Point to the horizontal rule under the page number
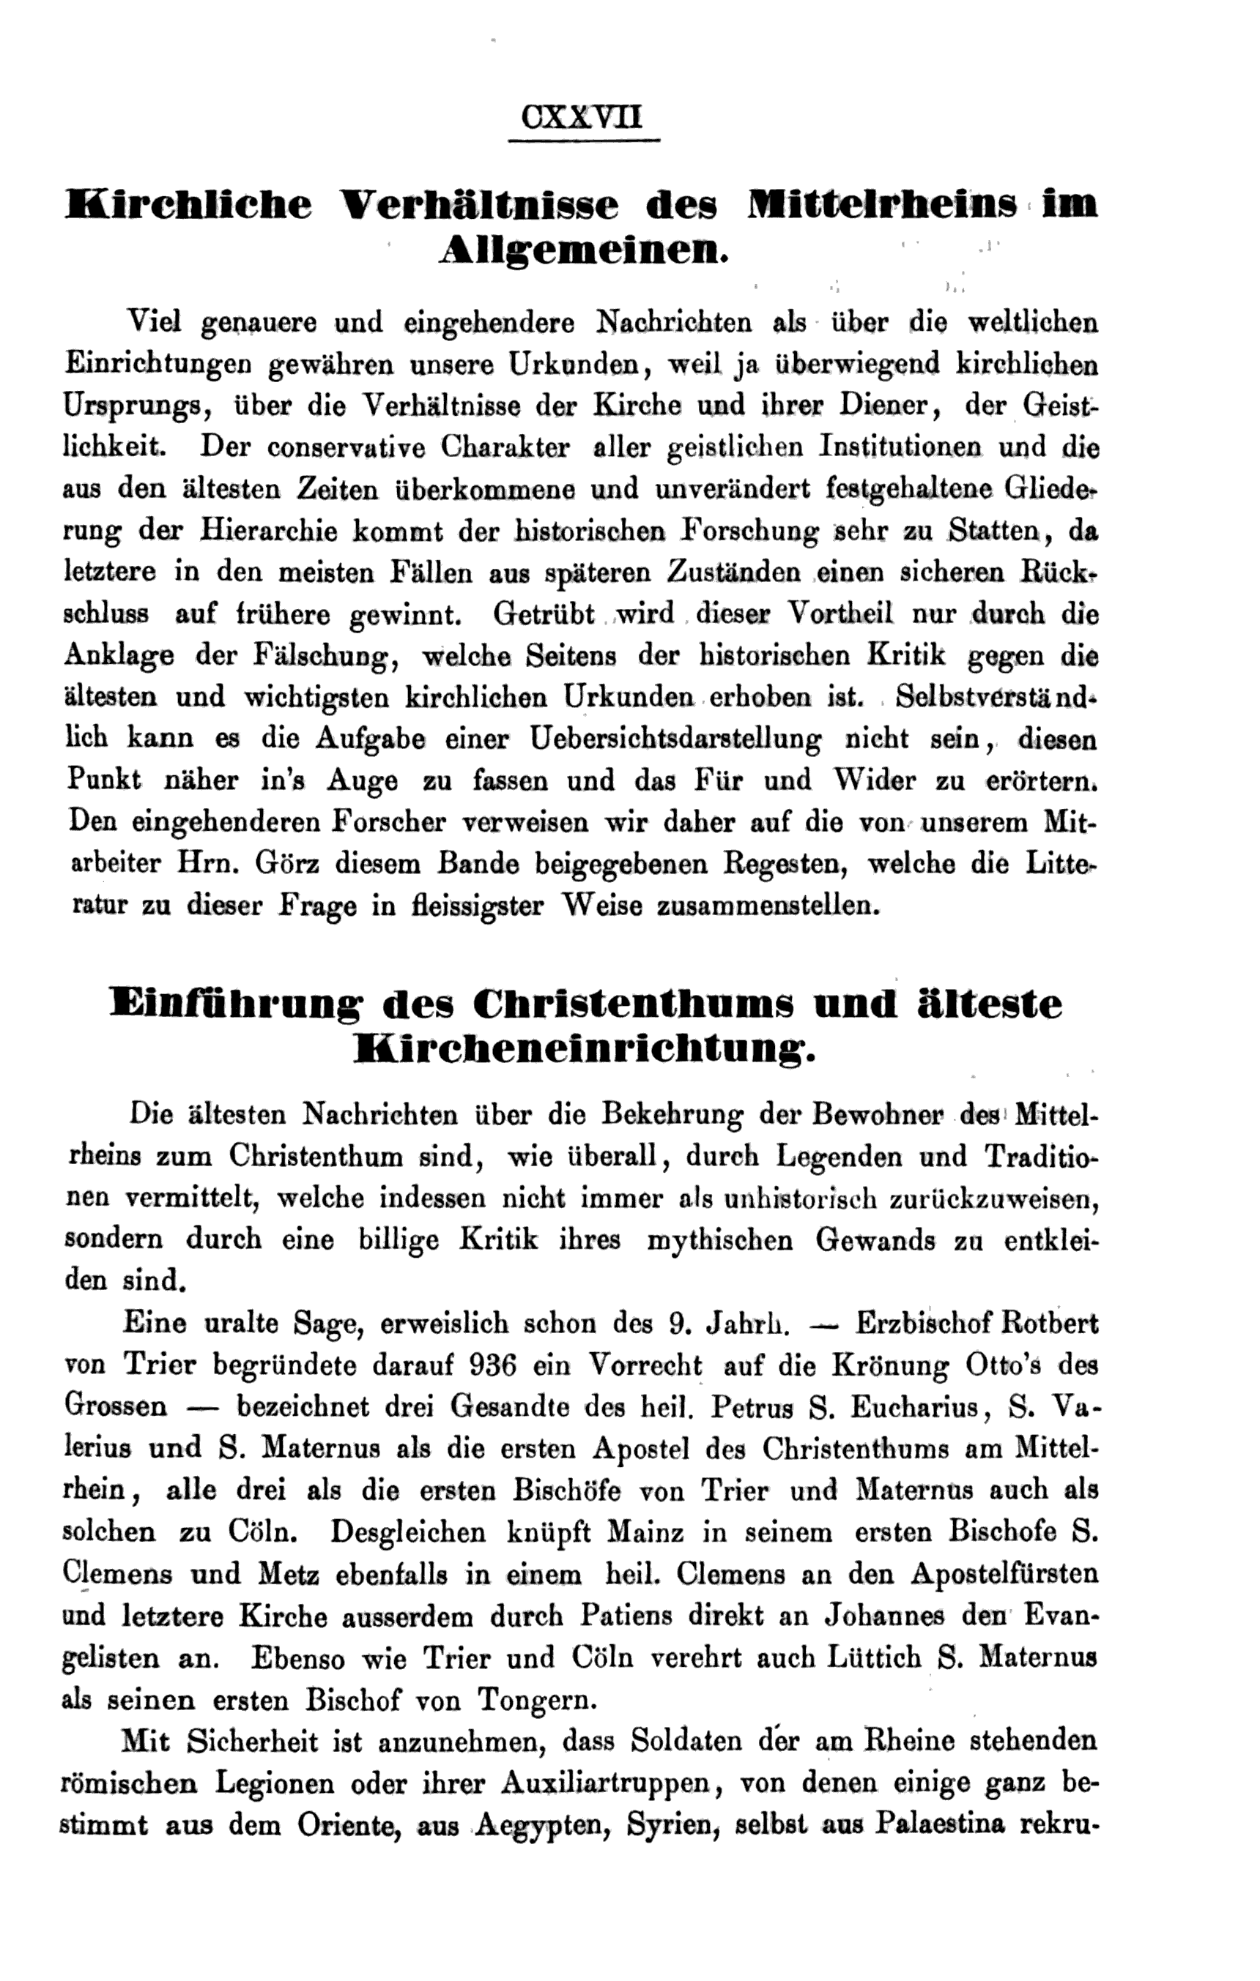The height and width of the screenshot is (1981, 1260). point(585,141)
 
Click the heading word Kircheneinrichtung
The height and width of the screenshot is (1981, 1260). point(582,1050)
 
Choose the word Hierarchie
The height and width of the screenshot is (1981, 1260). point(268,531)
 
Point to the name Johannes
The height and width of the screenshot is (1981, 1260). point(875,1615)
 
